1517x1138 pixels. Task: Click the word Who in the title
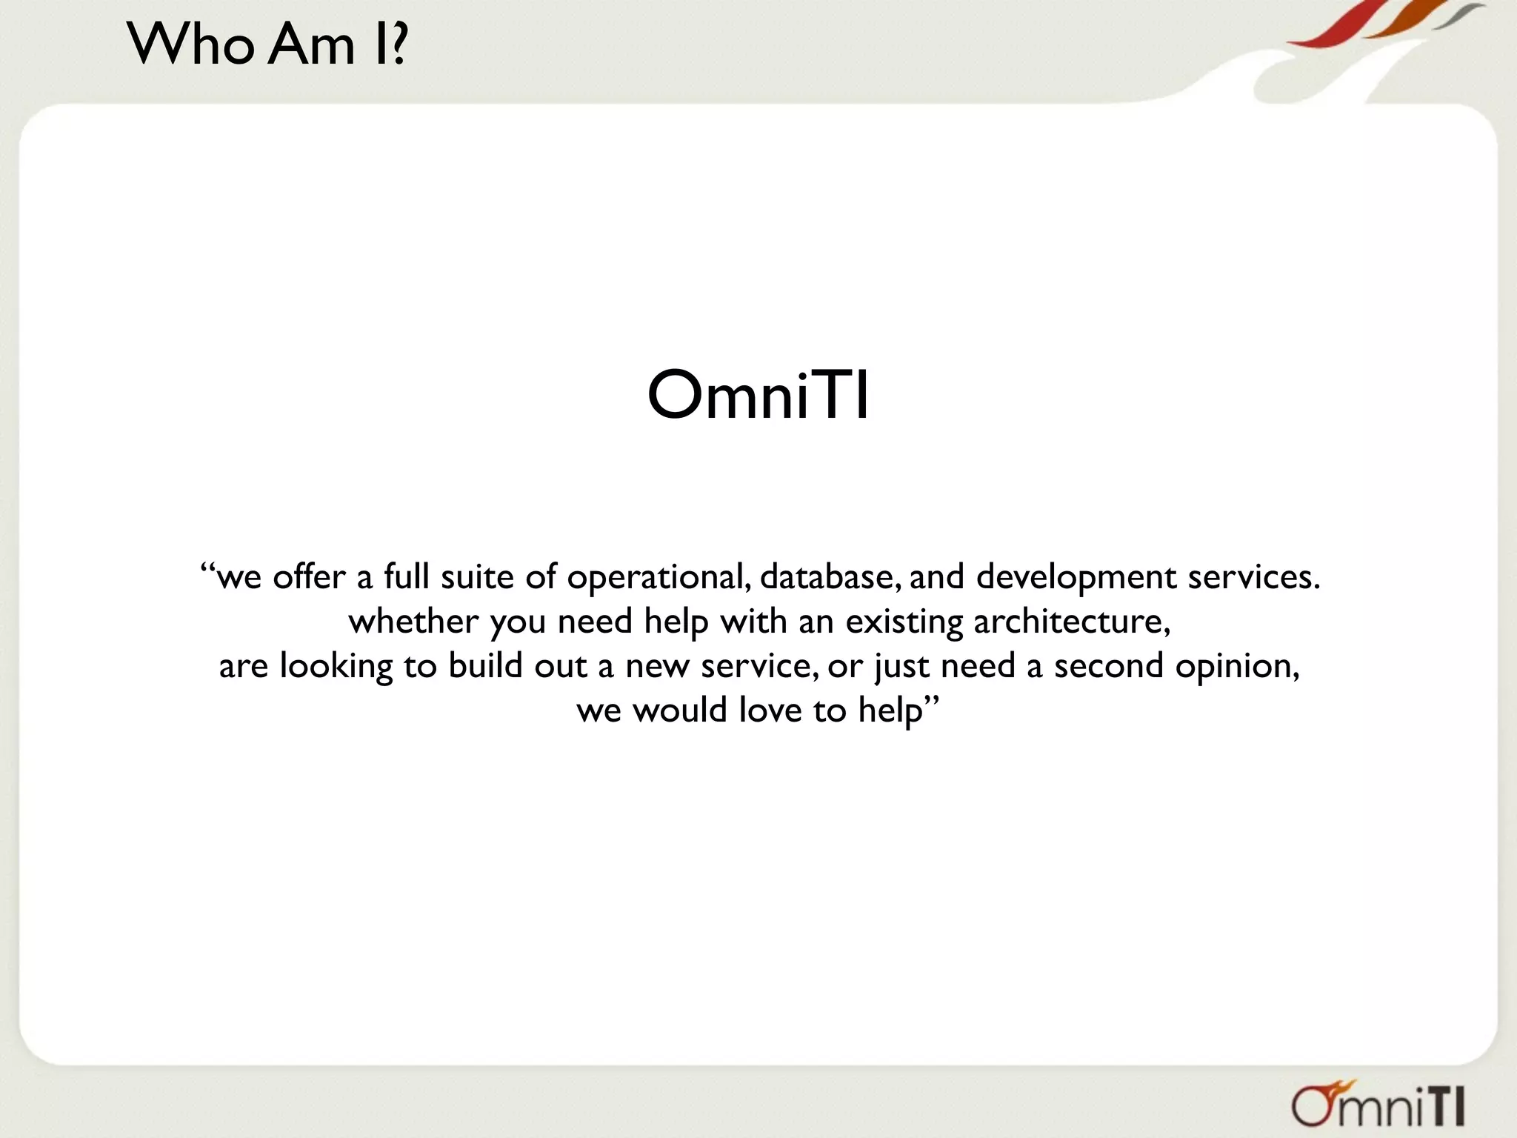pos(191,44)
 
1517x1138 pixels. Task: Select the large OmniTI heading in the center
pos(758,396)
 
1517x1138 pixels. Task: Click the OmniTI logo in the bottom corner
pos(1378,1106)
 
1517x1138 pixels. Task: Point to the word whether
pos(413,621)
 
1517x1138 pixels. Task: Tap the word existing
pos(904,622)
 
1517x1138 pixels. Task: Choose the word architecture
pos(1071,621)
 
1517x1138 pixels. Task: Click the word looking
pos(336,666)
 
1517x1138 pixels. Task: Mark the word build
pos(485,665)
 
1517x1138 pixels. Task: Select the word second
pos(1109,665)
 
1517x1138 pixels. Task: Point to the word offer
pos(309,576)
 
